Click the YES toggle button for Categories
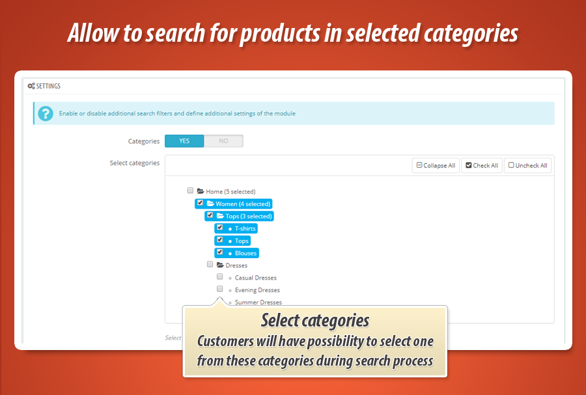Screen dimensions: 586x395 184,141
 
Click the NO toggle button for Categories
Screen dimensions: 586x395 223,141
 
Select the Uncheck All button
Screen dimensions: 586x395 527,166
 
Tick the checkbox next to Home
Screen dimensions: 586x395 190,190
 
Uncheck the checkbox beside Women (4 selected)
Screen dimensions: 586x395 200,203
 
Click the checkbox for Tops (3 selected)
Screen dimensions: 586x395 210,215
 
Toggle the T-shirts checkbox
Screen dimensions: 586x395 220,227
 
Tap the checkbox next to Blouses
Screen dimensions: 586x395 220,252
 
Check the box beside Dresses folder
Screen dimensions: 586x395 210,265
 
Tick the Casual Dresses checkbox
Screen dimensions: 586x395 220,277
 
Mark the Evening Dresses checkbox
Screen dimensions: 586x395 220,289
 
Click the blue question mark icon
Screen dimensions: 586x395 46,113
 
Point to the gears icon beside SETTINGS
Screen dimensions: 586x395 31,86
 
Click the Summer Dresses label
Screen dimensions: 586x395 258,302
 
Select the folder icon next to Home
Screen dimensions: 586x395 201,191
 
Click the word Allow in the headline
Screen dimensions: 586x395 93,33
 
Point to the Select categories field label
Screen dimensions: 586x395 135,163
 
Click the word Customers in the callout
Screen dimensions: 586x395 225,341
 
